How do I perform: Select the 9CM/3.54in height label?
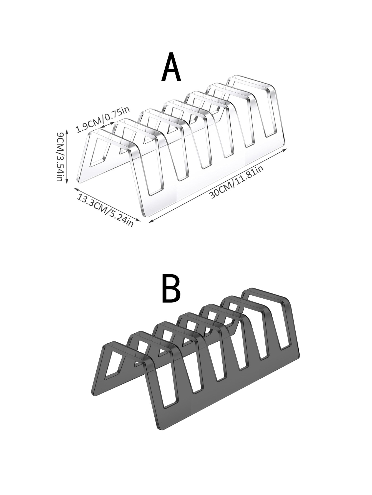tap(61, 156)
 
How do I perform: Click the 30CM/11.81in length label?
tap(236, 182)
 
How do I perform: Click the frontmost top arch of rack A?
tap(111, 136)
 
